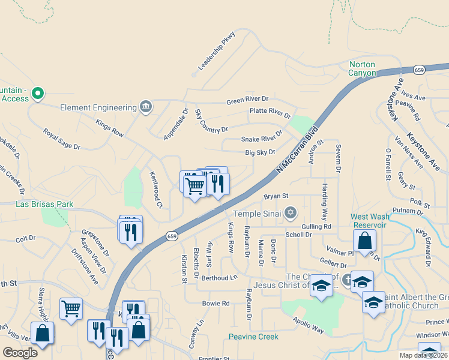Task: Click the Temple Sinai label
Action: coord(256,213)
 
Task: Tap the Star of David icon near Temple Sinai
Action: coord(291,212)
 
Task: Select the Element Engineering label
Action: coord(99,107)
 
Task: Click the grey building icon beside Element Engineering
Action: coord(145,107)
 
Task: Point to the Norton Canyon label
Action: coord(362,68)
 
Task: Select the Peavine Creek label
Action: coord(253,337)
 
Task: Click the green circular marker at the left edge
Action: coord(38,93)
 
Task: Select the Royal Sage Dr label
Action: coord(61,138)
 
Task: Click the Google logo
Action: coord(20,353)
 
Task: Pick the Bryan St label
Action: coord(276,196)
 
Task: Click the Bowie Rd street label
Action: coord(216,304)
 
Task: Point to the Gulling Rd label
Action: coord(317,226)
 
